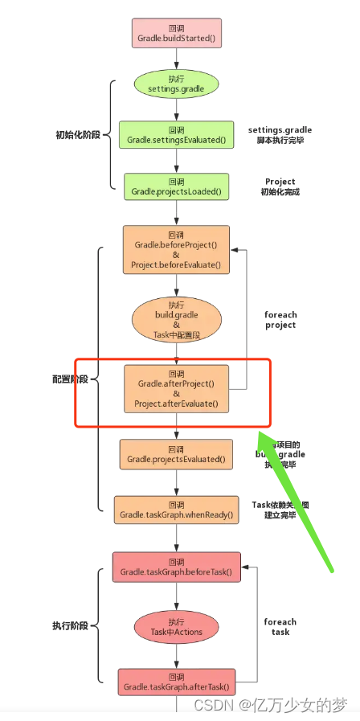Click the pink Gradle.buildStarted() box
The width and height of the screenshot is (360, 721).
[x=176, y=32]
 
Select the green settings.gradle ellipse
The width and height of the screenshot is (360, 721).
[x=176, y=84]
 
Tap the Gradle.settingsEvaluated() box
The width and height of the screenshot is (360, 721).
[x=176, y=135]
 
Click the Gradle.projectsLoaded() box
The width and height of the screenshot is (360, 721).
[x=176, y=186]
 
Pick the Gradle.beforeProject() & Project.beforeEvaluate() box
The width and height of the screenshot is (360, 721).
[x=176, y=249]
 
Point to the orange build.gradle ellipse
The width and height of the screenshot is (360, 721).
[x=176, y=319]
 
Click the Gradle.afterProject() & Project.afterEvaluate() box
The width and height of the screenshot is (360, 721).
[x=176, y=388]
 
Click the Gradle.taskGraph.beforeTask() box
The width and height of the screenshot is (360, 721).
[x=176, y=567]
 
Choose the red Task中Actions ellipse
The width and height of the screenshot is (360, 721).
[x=176, y=626]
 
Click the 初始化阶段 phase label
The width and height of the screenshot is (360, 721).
[x=79, y=135]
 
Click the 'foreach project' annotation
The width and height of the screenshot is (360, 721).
[x=280, y=320]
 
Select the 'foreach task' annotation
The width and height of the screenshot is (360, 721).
[x=280, y=626]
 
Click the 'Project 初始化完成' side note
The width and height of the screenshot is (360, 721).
[x=280, y=186]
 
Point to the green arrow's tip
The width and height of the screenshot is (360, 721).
[x=259, y=432]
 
